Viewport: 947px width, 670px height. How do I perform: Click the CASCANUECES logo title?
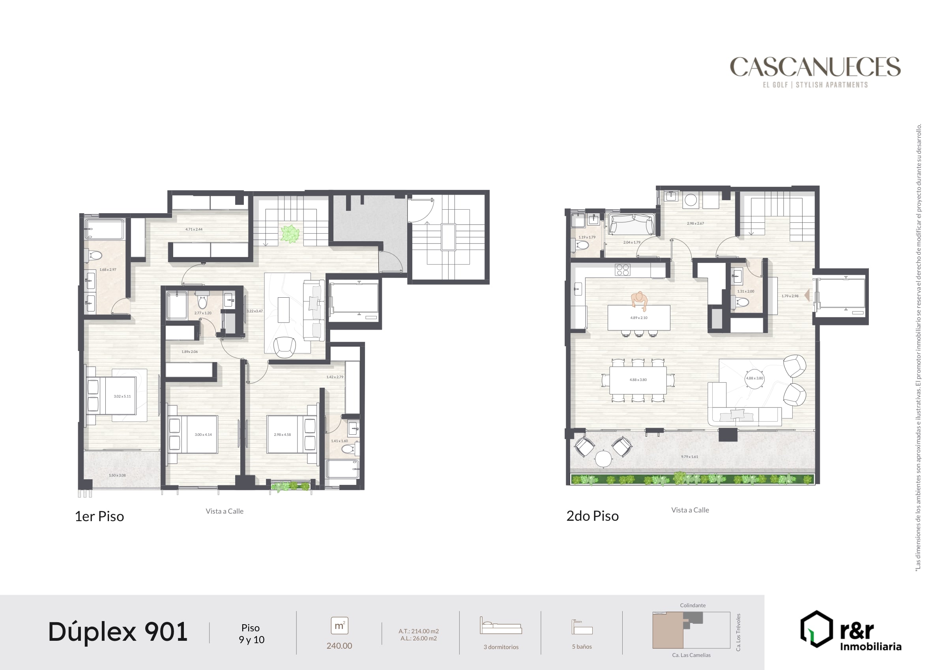click(x=815, y=67)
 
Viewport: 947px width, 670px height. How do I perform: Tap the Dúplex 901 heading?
click(x=118, y=632)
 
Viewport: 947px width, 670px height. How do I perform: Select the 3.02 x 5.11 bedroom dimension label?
click(x=122, y=396)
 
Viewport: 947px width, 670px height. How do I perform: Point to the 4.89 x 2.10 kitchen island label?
click(x=638, y=318)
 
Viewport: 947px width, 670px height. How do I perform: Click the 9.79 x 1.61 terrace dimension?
click(x=689, y=456)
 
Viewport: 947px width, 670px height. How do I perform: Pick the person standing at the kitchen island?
click(x=639, y=300)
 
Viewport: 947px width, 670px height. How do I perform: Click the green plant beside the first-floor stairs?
click(x=290, y=234)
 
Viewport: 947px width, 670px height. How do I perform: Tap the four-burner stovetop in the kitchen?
click(x=622, y=270)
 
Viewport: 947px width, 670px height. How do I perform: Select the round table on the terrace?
click(x=603, y=459)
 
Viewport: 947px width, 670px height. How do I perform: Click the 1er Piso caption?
click(x=99, y=516)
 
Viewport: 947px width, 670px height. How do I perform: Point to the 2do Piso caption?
click(x=592, y=516)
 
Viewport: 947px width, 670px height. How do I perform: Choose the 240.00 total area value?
click(x=339, y=646)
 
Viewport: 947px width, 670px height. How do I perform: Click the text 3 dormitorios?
click(x=501, y=647)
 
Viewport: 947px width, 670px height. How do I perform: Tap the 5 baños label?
click(x=582, y=647)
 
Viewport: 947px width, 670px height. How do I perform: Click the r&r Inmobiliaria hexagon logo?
click(x=816, y=629)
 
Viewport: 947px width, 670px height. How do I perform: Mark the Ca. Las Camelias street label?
click(x=691, y=655)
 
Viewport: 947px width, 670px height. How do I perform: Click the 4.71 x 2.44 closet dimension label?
click(x=194, y=229)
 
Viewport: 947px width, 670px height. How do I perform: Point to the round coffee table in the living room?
click(x=754, y=379)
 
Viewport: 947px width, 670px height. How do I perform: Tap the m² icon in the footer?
click(x=339, y=626)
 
